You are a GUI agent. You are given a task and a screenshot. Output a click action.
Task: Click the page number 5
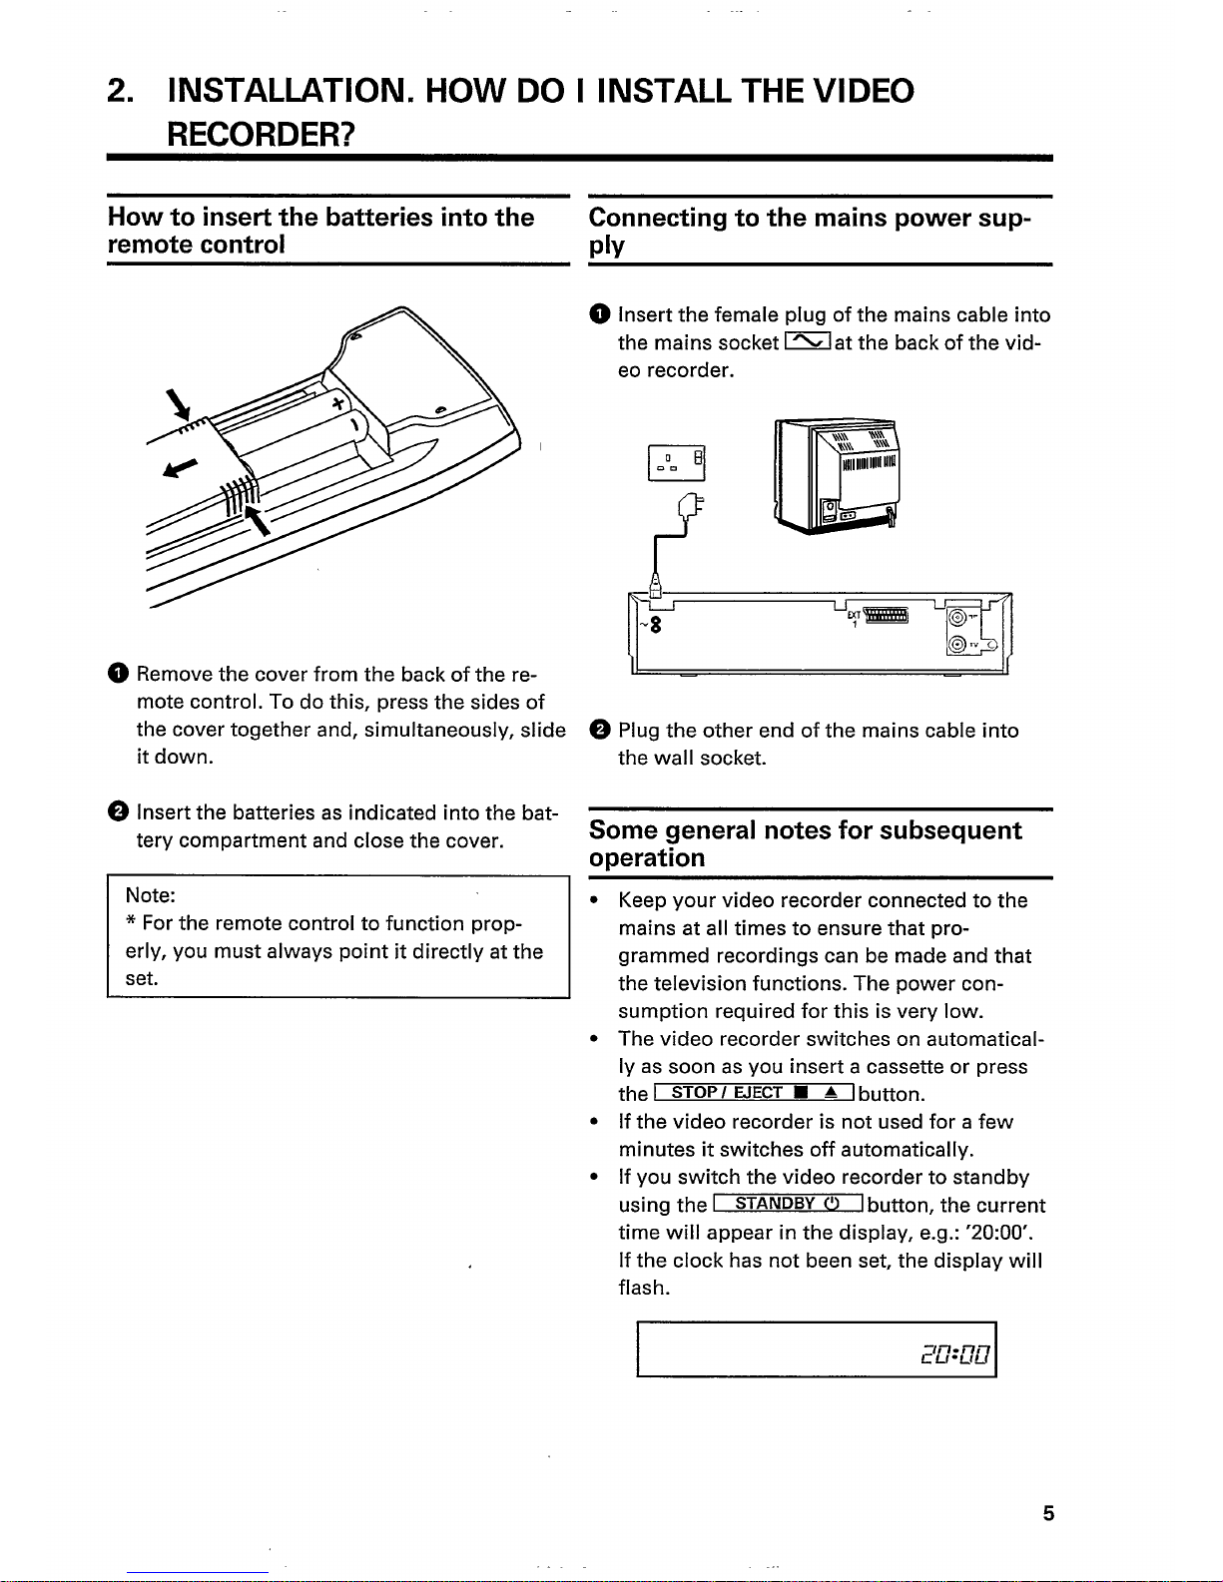pos(1047,1514)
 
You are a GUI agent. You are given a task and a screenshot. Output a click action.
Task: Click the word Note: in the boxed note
pos(150,895)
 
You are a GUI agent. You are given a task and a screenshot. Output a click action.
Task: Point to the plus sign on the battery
pos(337,403)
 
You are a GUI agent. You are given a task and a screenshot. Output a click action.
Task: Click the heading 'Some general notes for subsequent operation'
pos(805,843)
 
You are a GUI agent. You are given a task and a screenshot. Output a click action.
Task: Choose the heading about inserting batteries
pos(319,231)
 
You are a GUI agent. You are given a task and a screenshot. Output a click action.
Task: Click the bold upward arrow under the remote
pos(261,519)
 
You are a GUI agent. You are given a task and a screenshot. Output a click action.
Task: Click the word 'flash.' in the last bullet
pos(644,1288)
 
